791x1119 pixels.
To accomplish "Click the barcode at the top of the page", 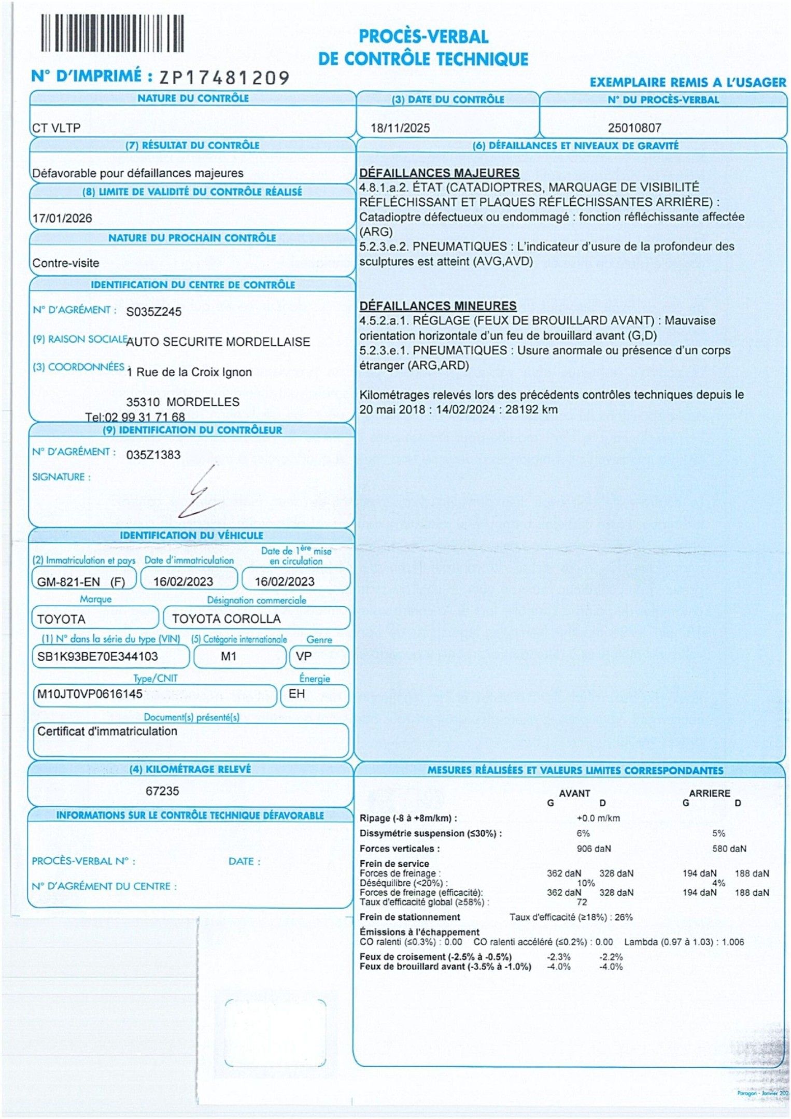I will pos(112,33).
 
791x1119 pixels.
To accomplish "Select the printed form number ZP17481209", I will pos(224,78).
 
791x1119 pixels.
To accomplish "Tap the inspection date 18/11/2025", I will pos(400,128).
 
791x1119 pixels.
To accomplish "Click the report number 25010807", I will pos(634,128).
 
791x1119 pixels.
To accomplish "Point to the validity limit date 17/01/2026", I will pos(62,218).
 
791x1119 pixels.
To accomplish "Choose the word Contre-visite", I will pos(66,263).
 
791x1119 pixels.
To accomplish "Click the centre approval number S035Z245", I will pos(154,311).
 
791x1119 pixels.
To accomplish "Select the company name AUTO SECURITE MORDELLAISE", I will pos(218,342).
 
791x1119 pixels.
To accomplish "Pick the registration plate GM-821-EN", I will pos(68,582).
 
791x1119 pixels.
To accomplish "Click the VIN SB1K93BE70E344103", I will pos(97,656).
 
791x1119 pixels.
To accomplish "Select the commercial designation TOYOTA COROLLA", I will pos(227,619).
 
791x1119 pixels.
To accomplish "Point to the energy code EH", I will pos(296,694).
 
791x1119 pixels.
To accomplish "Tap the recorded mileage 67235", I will pos(162,791).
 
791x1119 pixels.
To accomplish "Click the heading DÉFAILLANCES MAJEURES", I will pos(440,173).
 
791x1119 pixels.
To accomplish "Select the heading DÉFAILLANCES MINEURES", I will pos(438,306).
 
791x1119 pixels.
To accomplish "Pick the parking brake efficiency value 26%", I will pos(624,917).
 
